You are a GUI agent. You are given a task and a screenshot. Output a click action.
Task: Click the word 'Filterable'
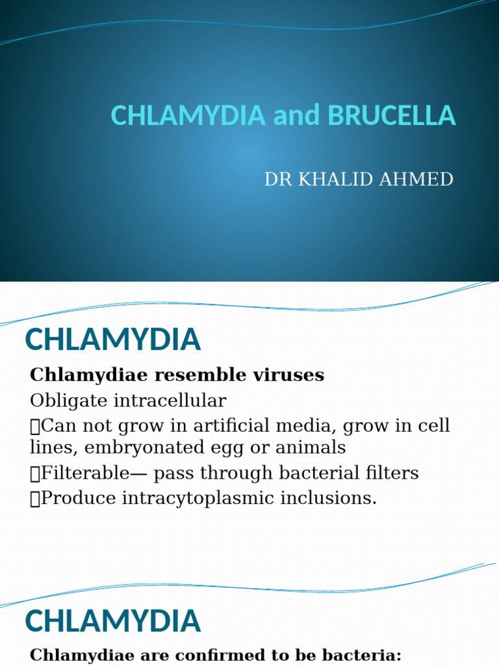tap(85, 473)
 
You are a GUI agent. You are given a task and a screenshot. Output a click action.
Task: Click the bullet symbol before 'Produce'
tap(35, 499)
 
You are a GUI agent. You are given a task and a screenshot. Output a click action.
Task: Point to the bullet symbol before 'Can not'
tap(35, 427)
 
